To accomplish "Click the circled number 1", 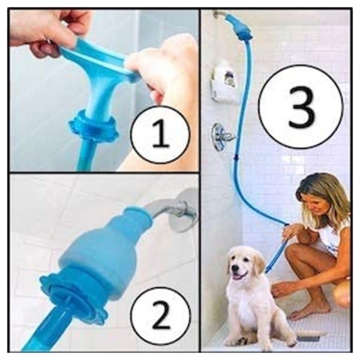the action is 160,135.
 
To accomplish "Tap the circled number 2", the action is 160,315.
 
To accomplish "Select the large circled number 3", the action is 301,107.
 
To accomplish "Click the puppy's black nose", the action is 235,268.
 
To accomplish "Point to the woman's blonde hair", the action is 322,195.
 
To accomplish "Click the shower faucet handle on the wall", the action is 221,137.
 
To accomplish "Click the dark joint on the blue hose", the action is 236,158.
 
